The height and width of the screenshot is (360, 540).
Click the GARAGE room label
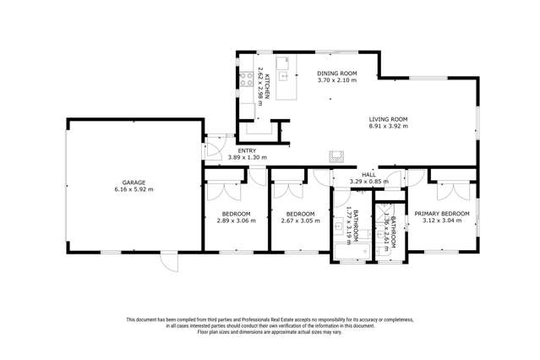coord(134,182)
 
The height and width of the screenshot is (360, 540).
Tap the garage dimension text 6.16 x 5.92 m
coord(134,189)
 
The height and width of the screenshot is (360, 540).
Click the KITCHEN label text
coord(267,87)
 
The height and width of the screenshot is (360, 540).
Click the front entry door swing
coord(213,150)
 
